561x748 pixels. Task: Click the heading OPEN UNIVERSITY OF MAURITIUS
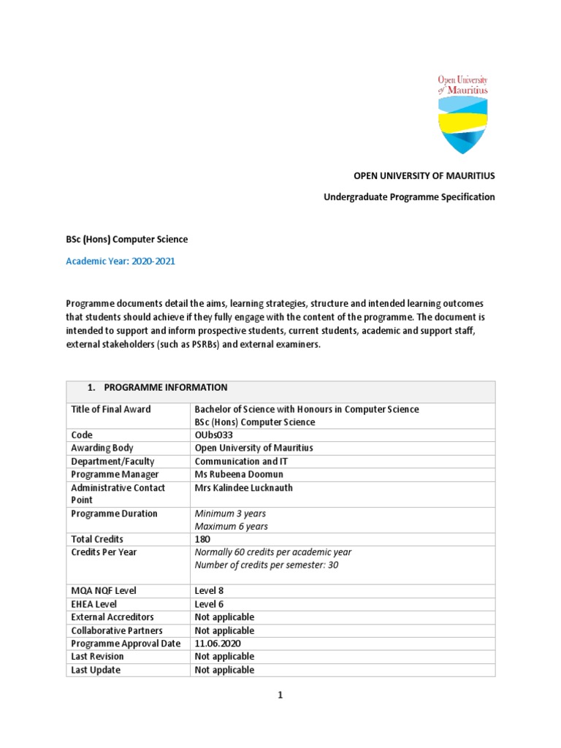pos(424,176)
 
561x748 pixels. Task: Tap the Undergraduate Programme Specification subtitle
pos(409,197)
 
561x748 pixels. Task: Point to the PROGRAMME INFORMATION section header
pos(164,388)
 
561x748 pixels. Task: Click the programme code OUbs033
pos(213,435)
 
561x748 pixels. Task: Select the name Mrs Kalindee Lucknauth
pos(244,488)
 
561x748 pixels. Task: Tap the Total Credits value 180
pos(202,540)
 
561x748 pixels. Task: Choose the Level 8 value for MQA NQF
pos(210,591)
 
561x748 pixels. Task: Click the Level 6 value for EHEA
pos(210,604)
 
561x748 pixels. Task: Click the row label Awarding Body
pos(102,448)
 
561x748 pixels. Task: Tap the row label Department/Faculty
pos(114,462)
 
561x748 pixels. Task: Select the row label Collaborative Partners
pos(117,630)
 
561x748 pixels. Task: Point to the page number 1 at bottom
pos(280,695)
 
